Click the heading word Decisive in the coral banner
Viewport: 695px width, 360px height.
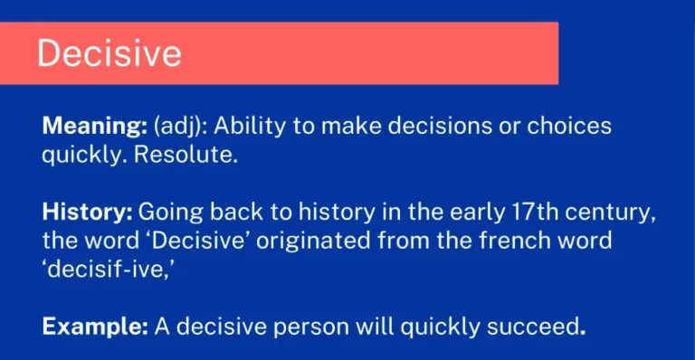click(109, 53)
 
